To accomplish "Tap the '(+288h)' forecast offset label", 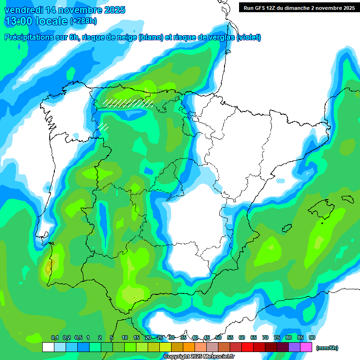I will point(83,21).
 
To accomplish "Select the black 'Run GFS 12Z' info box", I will point(297,7).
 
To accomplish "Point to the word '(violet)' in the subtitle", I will point(249,37).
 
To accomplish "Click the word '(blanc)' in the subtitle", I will point(150,37).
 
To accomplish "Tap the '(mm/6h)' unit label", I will point(327,348).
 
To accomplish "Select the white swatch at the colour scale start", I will point(48,347).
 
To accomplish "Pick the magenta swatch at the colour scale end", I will point(307,347).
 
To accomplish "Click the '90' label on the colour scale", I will point(312,337).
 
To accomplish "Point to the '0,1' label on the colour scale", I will point(55,337).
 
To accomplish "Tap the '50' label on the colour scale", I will point(218,337).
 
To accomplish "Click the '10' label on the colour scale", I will point(125,337).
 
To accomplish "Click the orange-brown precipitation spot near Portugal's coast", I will point(48,269).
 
